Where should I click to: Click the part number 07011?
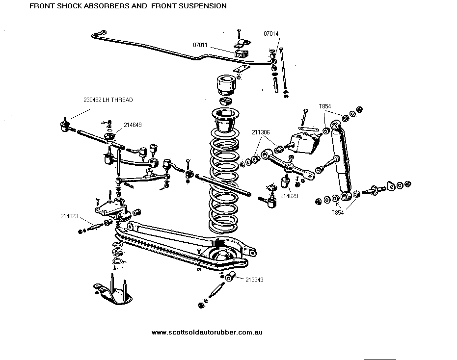point(201,45)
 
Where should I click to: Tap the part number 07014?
point(271,34)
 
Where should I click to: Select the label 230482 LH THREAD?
point(108,100)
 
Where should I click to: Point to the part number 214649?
point(133,125)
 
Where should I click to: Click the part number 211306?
point(261,132)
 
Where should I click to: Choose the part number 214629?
point(289,196)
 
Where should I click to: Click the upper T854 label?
point(325,106)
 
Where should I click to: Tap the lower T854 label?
point(338,212)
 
